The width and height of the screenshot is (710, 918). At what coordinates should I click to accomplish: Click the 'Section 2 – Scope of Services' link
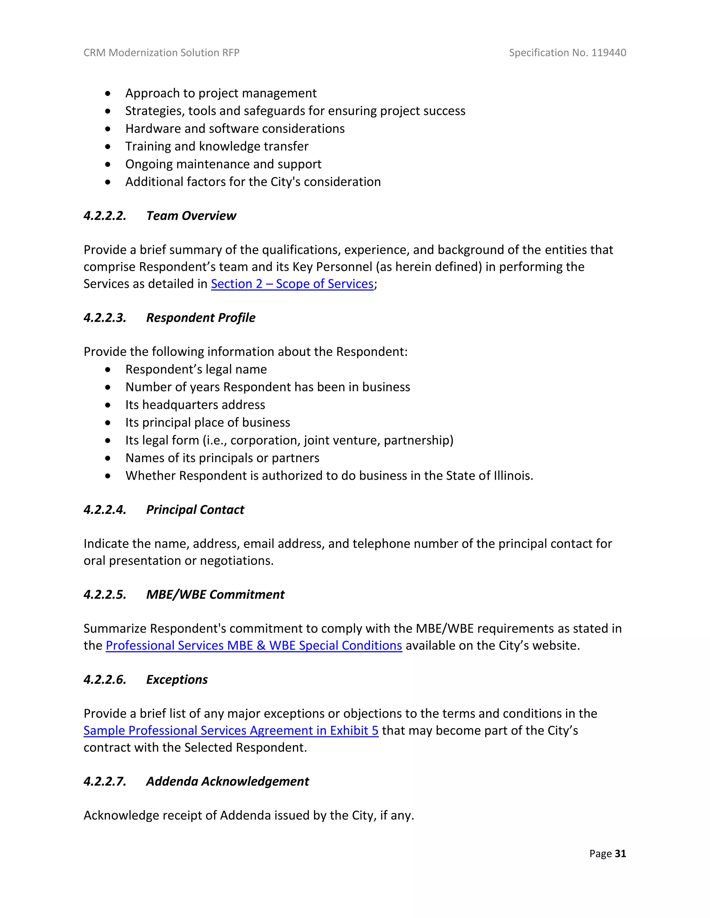click(x=292, y=284)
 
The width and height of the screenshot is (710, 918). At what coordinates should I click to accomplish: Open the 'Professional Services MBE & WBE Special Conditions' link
click(x=254, y=645)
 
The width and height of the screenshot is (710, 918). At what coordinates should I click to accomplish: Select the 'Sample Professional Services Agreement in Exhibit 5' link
click(x=231, y=731)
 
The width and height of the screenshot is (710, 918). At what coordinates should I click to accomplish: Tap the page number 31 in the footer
click(x=620, y=853)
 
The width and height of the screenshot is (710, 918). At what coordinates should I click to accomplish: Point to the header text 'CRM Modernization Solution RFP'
click(x=162, y=53)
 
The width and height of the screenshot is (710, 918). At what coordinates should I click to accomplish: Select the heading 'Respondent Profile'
click(x=201, y=318)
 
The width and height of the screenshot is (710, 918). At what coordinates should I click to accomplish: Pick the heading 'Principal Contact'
click(x=195, y=510)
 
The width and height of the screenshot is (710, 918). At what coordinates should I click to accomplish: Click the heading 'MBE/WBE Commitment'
click(x=215, y=595)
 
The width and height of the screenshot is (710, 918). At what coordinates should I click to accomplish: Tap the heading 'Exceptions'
click(x=177, y=680)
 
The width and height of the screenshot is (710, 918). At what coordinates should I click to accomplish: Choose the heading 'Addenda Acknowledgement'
click(x=227, y=782)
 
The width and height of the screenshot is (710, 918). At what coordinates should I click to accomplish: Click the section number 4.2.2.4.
click(x=105, y=510)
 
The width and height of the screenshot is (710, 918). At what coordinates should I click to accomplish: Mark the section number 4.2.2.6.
click(x=105, y=680)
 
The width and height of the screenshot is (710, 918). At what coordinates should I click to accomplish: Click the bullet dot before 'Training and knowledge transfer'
click(x=108, y=147)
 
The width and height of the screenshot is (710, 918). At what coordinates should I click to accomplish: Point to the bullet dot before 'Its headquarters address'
click(x=108, y=405)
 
